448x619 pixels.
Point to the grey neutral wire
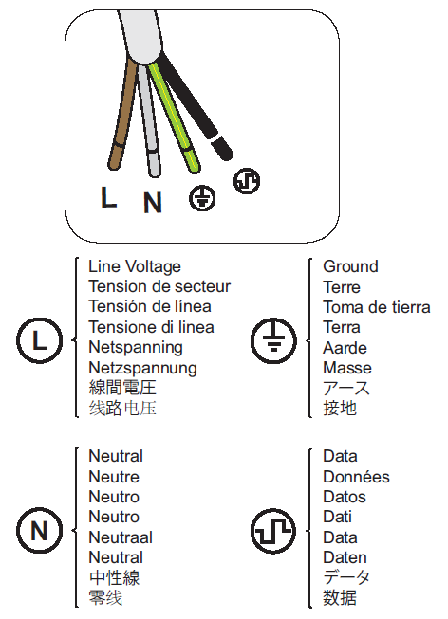click(149, 118)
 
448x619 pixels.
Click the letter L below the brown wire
click(108, 197)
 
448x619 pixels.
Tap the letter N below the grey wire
click(153, 203)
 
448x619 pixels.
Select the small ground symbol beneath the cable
click(202, 198)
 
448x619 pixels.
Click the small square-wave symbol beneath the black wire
click(247, 181)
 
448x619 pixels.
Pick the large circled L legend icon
click(39, 340)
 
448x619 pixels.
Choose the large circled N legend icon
click(39, 530)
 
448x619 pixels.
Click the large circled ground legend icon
click(273, 340)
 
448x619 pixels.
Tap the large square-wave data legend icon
click(273, 531)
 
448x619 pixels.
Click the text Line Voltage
click(135, 267)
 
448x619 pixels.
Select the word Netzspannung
click(142, 369)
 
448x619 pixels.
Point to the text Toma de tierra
click(377, 307)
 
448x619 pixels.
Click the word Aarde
click(345, 348)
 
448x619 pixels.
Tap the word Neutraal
click(121, 537)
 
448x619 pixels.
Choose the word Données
click(356, 477)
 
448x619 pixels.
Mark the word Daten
click(345, 557)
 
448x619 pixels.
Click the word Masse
click(347, 368)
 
